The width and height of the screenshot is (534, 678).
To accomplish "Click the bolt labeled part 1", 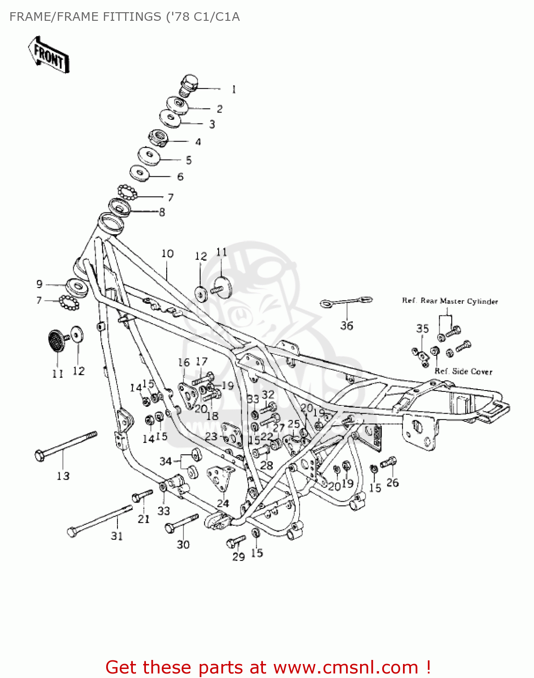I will pos(188,85).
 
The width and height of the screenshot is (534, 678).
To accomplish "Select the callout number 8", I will pos(162,212).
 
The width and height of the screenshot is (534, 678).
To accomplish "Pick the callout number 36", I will pos(347,325).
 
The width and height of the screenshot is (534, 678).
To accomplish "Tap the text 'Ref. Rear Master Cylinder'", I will pos(450,301).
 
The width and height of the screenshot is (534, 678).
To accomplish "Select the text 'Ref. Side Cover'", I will pos(464,372).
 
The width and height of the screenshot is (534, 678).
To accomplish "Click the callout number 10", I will pos(167,254).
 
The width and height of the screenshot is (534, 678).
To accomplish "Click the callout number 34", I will pos(165,461).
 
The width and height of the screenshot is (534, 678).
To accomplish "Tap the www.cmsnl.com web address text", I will pos(346,667).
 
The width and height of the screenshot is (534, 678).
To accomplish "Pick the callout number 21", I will pos(144,519).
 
